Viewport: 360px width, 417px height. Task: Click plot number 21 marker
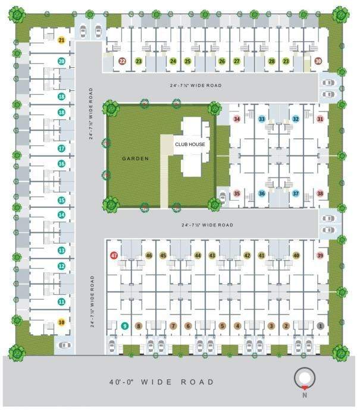[x=61, y=41]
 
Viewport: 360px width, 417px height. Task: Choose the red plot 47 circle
[x=114, y=256]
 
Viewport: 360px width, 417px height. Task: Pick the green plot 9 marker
[x=124, y=326]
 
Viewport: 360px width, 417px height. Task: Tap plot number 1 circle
[x=320, y=326]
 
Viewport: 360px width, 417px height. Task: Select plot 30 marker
[x=318, y=61]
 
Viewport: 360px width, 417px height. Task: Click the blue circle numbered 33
[x=261, y=119]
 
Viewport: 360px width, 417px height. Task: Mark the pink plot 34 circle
[x=237, y=119]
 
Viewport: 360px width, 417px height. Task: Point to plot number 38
[x=320, y=194]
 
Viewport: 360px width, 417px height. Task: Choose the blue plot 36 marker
[x=261, y=194]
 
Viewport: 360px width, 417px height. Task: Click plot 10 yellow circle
[x=61, y=322]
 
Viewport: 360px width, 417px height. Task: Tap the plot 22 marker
[x=123, y=61]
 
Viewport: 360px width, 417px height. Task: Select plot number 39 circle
[x=320, y=256]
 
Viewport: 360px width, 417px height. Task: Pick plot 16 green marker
[x=61, y=163]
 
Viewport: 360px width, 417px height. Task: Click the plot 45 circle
[x=163, y=256]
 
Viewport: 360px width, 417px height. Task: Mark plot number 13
[x=61, y=251]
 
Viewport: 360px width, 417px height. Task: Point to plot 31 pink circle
[x=320, y=119]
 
